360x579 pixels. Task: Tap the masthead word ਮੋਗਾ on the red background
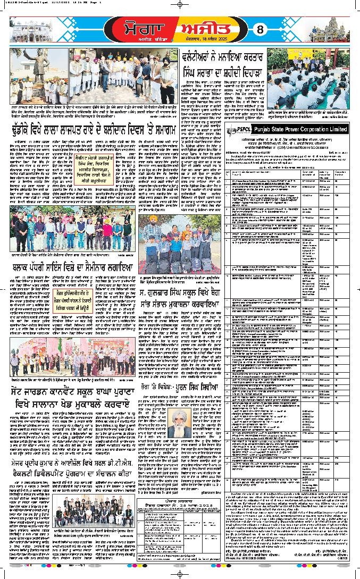136,27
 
